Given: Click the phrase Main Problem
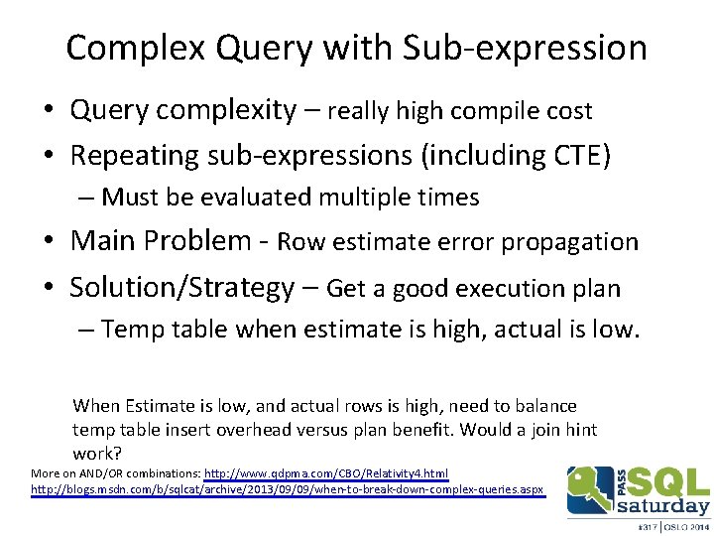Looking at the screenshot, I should point(160,241).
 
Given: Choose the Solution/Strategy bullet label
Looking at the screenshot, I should point(181,288).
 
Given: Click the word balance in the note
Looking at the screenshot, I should point(545,406).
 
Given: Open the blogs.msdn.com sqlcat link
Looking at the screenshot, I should point(288,490).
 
